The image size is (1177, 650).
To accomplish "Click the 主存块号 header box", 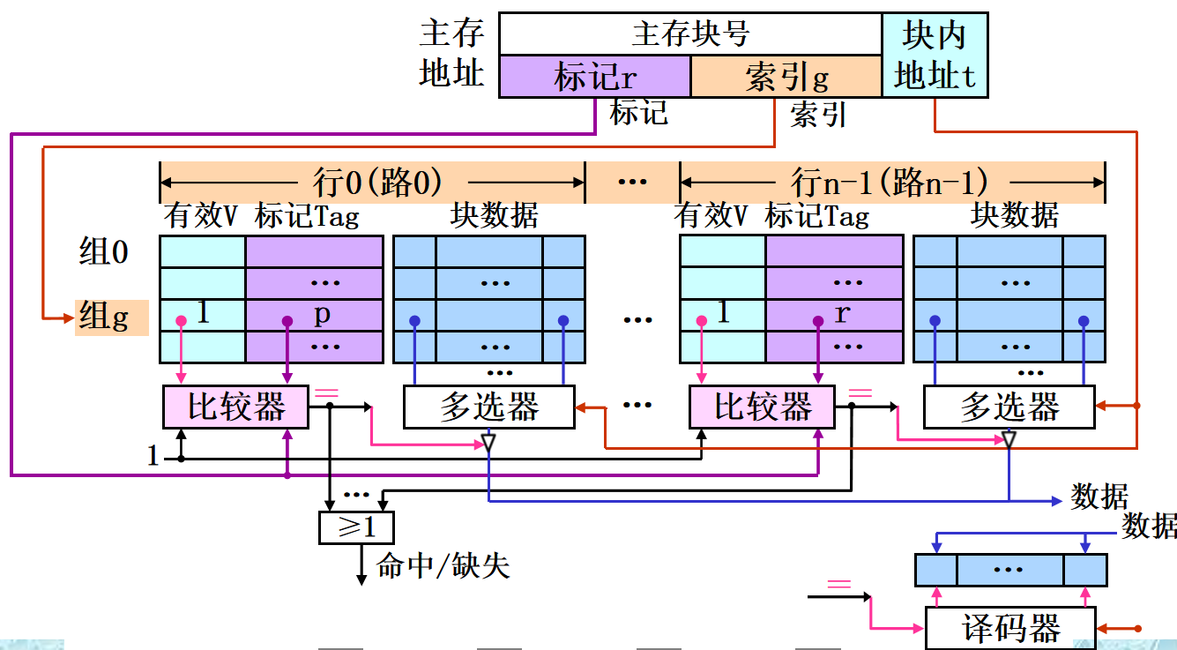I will click(690, 34).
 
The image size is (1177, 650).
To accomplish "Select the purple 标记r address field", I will click(594, 77).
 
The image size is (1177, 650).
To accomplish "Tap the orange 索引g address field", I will click(786, 77).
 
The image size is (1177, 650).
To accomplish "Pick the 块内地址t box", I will click(935, 56).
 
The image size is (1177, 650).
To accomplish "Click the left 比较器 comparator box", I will click(236, 407).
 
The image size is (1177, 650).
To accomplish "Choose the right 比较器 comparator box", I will click(762, 407).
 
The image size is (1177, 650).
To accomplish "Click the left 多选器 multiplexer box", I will click(488, 407).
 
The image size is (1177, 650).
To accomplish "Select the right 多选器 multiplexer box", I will click(1009, 407).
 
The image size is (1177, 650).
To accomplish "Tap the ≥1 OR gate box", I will click(356, 527).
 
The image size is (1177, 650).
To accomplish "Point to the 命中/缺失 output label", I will click(443, 565).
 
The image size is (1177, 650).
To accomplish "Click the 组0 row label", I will click(104, 253).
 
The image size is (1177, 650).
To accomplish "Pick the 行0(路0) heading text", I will click(377, 183).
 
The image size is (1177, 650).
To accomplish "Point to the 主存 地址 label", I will click(451, 55).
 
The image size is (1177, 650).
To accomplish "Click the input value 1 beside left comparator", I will click(153, 456).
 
